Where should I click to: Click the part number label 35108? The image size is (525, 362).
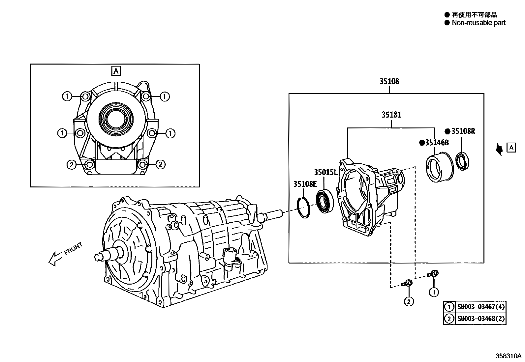coord(389,81)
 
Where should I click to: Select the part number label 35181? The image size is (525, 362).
coord(391,115)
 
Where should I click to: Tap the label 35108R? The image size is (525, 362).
coord(463,131)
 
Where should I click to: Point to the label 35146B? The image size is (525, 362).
coord(437,143)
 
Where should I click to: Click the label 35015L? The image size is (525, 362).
coord(326,172)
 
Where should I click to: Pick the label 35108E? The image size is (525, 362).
coord(305,184)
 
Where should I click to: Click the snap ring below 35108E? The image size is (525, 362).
coord(304,207)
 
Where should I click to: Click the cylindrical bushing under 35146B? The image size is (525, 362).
coord(439,167)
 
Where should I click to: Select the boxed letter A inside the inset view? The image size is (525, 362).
coord(116,71)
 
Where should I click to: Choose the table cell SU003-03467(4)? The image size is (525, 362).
coord(480,307)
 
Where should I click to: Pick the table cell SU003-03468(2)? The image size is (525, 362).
coord(480,319)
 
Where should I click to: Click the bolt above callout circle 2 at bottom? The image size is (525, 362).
coord(408,283)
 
